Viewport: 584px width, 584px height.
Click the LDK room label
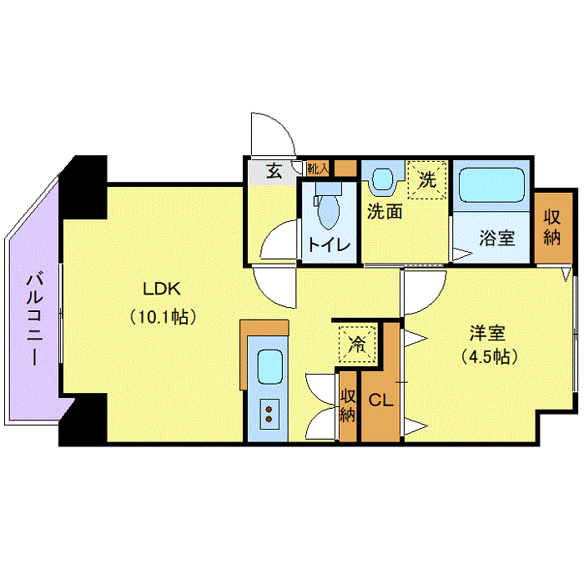point(162,289)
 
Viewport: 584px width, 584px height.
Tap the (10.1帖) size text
point(163,317)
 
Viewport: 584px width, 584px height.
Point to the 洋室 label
point(487,333)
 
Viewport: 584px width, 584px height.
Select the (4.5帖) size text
point(490,356)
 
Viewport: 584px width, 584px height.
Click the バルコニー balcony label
point(35,320)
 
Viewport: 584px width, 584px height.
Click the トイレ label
point(329,245)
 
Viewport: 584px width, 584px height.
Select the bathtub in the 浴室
point(491,185)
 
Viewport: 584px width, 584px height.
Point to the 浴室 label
point(497,238)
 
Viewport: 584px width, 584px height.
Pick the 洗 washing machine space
point(427,180)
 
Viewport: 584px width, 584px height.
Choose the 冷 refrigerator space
point(357,344)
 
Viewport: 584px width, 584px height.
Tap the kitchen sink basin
point(269,366)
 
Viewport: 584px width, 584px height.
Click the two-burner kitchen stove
point(269,414)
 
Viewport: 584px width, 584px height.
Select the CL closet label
point(380,400)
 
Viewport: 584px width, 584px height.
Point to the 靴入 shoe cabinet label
point(318,169)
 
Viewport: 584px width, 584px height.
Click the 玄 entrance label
point(274,171)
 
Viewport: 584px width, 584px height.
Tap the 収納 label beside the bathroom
point(552,227)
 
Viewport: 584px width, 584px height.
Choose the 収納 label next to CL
point(348,405)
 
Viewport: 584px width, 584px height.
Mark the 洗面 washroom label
point(385,212)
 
